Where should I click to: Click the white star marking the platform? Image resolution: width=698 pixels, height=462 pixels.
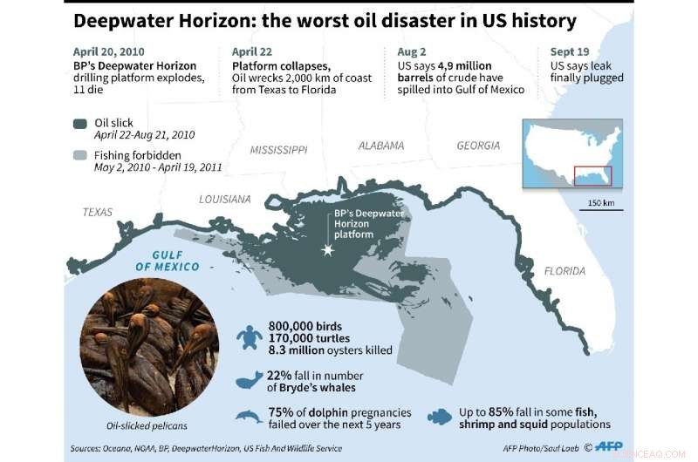point(329,250)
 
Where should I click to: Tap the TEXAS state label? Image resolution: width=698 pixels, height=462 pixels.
point(98,212)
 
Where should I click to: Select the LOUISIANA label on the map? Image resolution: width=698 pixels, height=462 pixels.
point(225,199)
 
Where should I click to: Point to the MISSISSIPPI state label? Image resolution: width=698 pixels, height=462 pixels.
point(277,149)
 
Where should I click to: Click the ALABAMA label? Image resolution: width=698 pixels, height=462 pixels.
point(381,146)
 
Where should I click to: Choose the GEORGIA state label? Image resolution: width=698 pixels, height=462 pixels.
point(479,146)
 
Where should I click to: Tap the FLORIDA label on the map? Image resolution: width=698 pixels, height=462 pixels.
point(565,271)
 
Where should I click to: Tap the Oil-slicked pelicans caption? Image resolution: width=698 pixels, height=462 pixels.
point(142,426)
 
